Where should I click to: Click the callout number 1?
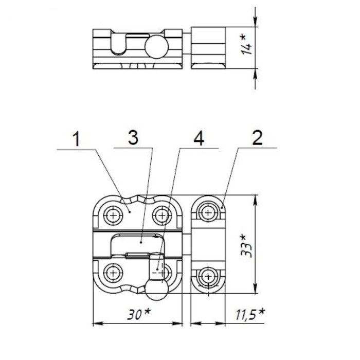(76, 139)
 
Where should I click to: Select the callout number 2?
(257, 138)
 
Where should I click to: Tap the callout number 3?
(133, 138)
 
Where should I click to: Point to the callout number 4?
(199, 139)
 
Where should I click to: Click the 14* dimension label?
(246, 45)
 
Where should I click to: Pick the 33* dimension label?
(246, 246)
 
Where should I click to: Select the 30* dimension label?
(139, 314)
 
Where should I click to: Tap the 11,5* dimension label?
(250, 314)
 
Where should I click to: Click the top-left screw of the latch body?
(113, 215)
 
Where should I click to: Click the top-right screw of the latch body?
(162, 215)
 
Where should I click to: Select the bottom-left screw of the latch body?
(113, 273)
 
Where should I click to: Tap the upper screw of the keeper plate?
(208, 212)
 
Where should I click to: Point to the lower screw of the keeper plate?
(208, 276)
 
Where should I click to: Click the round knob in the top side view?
(156, 47)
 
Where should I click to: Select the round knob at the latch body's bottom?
(156, 290)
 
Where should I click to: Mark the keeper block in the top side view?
(208, 48)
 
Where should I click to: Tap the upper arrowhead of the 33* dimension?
(255, 200)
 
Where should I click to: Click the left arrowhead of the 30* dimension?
(98, 323)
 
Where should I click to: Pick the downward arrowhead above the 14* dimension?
(255, 22)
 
